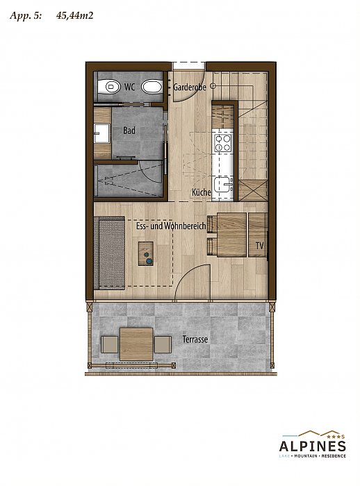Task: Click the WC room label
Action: pyautogui.click(x=129, y=87)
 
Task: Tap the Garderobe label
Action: pyautogui.click(x=189, y=87)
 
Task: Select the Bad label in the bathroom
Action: pyautogui.click(x=129, y=131)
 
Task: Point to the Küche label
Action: pyautogui.click(x=201, y=192)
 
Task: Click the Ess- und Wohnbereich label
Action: pyautogui.click(x=171, y=226)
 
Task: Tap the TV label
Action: pyautogui.click(x=259, y=246)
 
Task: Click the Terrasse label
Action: pyautogui.click(x=195, y=340)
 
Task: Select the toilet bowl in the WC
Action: pyautogui.click(x=108, y=87)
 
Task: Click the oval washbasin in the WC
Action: pyautogui.click(x=152, y=87)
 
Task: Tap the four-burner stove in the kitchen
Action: pyautogui.click(x=223, y=143)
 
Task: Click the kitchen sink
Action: pyautogui.click(x=224, y=185)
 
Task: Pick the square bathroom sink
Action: pyautogui.click(x=101, y=133)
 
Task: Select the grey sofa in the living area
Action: pyautogui.click(x=109, y=253)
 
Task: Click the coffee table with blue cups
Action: pyautogui.click(x=146, y=253)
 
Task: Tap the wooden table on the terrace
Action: pyautogui.click(x=136, y=344)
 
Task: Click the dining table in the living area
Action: pyautogui.click(x=231, y=235)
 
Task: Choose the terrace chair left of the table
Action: pyautogui.click(x=109, y=344)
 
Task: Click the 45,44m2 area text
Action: pyautogui.click(x=75, y=15)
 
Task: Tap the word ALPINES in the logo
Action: pyautogui.click(x=312, y=446)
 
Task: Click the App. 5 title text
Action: pyautogui.click(x=26, y=16)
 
